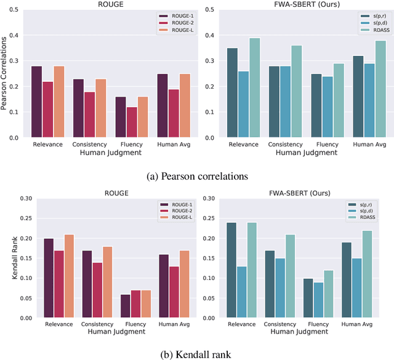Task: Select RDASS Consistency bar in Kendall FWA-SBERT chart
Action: point(290,276)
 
